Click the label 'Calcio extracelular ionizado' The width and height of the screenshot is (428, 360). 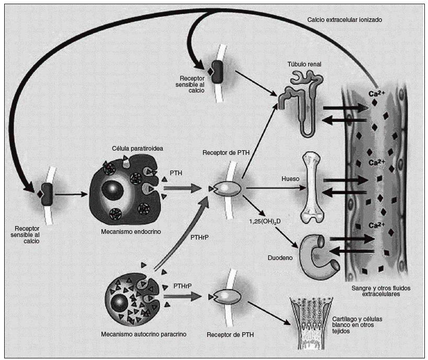point(345,20)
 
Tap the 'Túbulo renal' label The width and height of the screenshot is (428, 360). point(304,64)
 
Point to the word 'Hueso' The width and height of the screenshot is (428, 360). point(290,178)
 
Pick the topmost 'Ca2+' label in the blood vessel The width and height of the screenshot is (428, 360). point(374,94)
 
